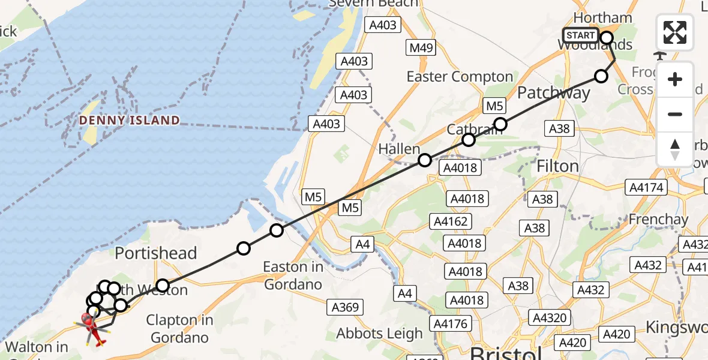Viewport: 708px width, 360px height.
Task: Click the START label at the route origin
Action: (x=581, y=35)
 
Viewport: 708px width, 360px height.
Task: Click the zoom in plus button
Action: (x=675, y=80)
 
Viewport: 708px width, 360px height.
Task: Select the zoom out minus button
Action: (x=675, y=114)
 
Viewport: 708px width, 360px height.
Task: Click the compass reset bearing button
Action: (x=675, y=149)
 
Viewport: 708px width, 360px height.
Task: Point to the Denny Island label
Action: (x=130, y=120)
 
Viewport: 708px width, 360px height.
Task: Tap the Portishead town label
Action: (x=156, y=253)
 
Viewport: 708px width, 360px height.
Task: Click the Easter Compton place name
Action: (x=460, y=77)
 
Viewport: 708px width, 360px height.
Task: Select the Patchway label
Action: (x=553, y=93)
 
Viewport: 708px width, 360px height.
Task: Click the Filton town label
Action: (x=557, y=166)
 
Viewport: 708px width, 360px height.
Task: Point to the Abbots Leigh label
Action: (x=380, y=334)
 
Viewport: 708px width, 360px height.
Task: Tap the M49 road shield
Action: (x=422, y=47)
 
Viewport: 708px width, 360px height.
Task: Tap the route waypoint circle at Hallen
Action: (x=425, y=160)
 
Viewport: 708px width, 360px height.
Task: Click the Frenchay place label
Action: (x=658, y=220)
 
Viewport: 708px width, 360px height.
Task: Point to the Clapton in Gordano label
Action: (x=180, y=329)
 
